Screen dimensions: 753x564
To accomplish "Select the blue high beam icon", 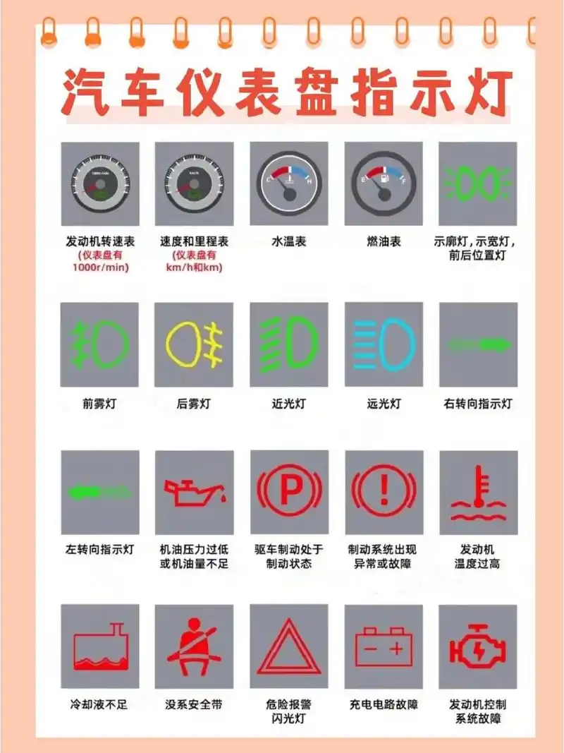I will click(x=384, y=345).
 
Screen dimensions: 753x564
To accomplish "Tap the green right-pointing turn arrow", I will click(x=478, y=344).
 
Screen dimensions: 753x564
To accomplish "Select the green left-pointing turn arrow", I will click(x=99, y=491).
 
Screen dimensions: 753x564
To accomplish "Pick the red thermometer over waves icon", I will click(x=478, y=493).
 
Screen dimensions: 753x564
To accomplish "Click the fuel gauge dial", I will click(x=384, y=183).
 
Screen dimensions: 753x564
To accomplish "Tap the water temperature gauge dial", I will click(x=288, y=183).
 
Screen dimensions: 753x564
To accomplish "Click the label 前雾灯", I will click(x=99, y=404).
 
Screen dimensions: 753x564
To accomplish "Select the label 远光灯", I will click(x=384, y=404).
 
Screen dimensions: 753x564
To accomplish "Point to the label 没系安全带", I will click(x=193, y=704).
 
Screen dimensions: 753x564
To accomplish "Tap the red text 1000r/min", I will click(x=99, y=267).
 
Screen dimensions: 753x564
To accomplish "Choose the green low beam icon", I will click(x=288, y=345).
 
